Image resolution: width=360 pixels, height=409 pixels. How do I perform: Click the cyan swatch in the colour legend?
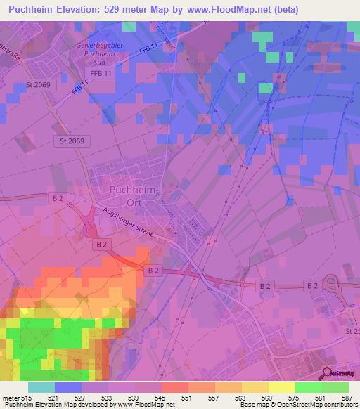click(41, 387)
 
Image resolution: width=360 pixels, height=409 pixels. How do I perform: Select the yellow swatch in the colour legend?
click(281, 387)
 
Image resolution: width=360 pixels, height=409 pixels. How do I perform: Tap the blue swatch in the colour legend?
click(68, 387)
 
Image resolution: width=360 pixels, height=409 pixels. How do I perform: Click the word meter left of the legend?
click(10, 398)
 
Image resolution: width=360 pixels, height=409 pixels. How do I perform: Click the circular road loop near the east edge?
click(332, 285)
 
